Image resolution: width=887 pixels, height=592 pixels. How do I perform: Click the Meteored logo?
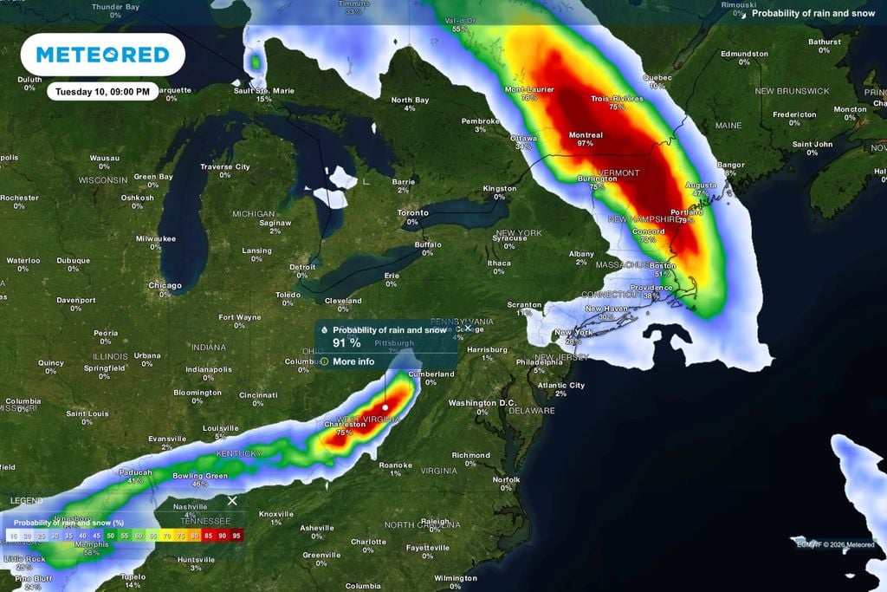pos(102,55)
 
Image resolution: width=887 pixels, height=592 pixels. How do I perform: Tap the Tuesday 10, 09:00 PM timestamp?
pos(102,91)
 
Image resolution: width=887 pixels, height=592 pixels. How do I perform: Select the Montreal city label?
pos(586,136)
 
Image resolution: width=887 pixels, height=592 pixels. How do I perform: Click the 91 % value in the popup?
pos(346,343)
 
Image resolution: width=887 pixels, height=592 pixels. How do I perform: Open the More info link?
pos(353,361)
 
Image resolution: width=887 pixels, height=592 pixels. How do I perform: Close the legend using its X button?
pos(232,501)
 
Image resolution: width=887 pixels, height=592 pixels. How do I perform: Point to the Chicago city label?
pos(165,285)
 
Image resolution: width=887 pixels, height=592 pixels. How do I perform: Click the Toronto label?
pos(412,213)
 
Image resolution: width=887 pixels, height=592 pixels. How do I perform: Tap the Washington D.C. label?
pos(483,403)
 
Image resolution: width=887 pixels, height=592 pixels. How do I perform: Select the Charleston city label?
pos(344,425)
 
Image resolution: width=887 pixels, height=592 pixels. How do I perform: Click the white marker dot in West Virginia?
pos(385,406)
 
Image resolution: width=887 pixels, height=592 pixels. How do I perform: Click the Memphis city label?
pos(92,544)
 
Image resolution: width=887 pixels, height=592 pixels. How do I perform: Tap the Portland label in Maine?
pos(686,211)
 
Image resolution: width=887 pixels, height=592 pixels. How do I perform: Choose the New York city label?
pos(573,333)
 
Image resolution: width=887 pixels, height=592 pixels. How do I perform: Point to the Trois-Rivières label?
pos(617,99)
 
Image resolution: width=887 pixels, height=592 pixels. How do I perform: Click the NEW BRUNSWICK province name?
pos(792,91)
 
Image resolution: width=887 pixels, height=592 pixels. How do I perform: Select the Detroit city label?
pos(302,267)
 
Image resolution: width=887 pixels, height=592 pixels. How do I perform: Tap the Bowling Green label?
pos(199,476)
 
